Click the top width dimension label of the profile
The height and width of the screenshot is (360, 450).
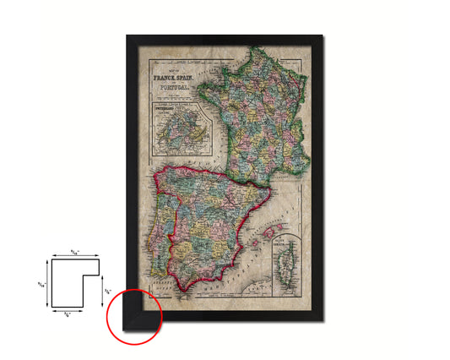click(77, 250)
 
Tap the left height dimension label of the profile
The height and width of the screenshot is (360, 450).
click(41, 282)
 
